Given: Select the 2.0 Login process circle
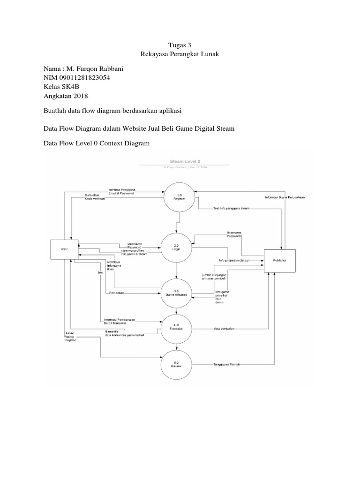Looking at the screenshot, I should [x=176, y=247].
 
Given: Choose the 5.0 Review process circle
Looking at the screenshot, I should [x=176, y=364].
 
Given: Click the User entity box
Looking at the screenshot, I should [x=64, y=249].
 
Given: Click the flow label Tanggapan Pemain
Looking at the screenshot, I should [x=227, y=364].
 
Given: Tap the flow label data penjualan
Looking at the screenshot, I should [x=224, y=329].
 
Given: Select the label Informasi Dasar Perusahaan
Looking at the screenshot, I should [x=285, y=197].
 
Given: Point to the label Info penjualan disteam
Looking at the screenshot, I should [x=235, y=260].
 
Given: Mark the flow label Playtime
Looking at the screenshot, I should [x=70, y=340].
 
